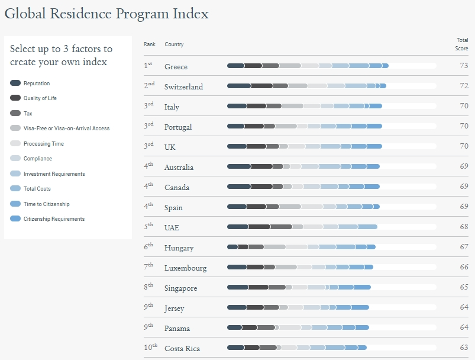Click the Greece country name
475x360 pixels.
[176, 66]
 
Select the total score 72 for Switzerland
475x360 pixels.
[464, 86]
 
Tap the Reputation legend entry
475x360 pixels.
[37, 83]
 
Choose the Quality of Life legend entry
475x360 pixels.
[40, 98]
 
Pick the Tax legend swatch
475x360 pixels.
[15, 113]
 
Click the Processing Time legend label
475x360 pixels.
[44, 144]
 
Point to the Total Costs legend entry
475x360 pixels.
[37, 189]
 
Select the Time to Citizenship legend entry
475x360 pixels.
[46, 204]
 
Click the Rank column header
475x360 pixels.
[149, 44]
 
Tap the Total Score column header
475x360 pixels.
[461, 44]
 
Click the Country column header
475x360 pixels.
[174, 44]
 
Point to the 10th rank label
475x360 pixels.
[150, 347]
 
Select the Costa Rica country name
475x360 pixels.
[182, 348]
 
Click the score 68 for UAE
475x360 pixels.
[464, 227]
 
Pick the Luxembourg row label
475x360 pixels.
[185, 268]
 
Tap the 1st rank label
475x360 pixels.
[148, 65]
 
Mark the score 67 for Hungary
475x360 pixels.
[464, 247]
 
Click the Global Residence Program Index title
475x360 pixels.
[106, 13]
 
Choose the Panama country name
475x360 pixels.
[177, 328]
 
